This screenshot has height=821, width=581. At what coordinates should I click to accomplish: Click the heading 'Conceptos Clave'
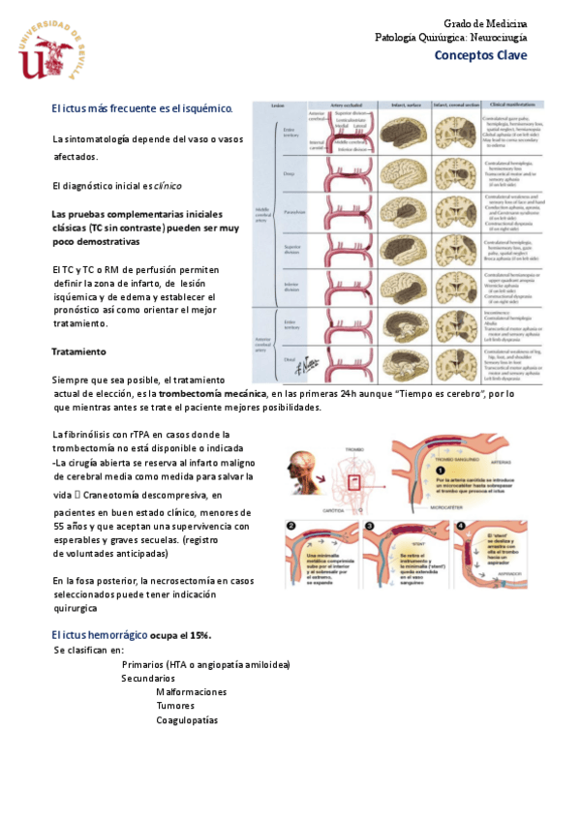click(x=480, y=55)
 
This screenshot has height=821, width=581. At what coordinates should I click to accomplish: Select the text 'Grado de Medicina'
click(x=485, y=22)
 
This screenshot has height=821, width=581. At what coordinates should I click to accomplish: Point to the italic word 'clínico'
click(x=167, y=185)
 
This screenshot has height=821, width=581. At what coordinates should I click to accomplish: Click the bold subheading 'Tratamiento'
click(x=78, y=350)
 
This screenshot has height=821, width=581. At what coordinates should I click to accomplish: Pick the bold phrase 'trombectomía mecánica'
click(x=213, y=394)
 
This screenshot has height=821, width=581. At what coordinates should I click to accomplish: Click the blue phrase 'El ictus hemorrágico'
click(x=101, y=634)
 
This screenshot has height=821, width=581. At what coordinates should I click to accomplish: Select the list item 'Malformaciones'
click(x=191, y=692)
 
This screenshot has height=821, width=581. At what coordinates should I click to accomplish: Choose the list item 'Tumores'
click(x=175, y=706)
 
